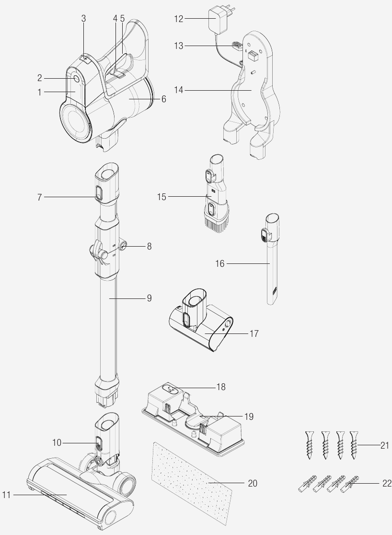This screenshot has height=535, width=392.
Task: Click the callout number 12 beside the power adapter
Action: click(x=179, y=19)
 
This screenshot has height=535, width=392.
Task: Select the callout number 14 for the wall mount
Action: click(x=179, y=89)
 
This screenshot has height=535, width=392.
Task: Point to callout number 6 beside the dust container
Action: click(x=163, y=99)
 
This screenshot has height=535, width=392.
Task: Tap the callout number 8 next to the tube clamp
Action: click(x=149, y=247)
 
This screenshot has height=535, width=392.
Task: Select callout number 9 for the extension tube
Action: click(x=149, y=298)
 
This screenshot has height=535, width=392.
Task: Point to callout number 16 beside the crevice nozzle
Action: click(x=220, y=263)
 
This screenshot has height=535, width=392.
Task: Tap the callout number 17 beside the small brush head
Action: click(x=254, y=333)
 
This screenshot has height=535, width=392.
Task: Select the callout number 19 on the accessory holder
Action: click(x=249, y=416)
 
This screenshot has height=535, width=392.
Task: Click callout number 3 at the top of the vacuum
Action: click(x=83, y=19)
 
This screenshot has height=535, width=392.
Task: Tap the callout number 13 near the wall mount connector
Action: click(x=179, y=46)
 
